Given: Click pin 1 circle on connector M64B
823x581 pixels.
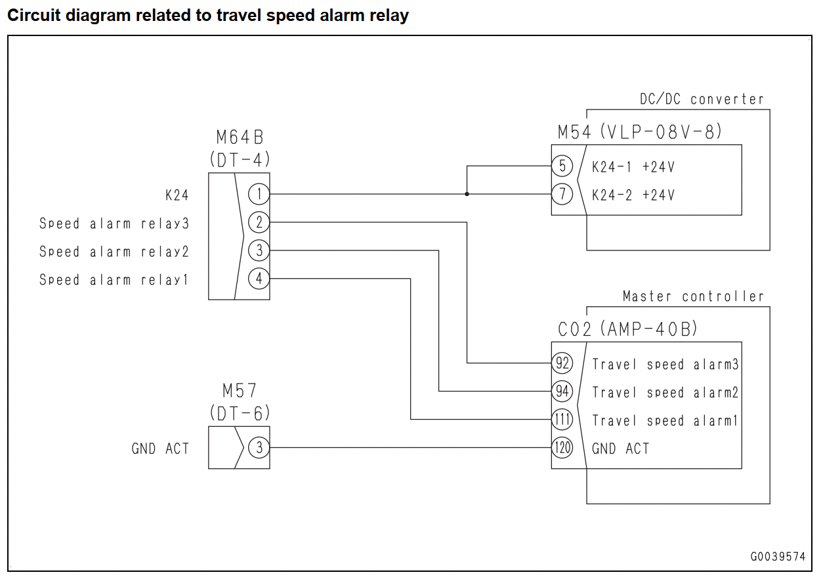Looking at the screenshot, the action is pyautogui.click(x=259, y=194).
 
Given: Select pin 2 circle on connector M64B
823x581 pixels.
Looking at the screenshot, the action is pyautogui.click(x=259, y=222).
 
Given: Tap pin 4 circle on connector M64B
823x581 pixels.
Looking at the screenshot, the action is pyautogui.click(x=259, y=279).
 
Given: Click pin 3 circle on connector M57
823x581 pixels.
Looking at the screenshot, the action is pyautogui.click(x=259, y=447).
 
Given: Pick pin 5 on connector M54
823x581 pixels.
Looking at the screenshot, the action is pyautogui.click(x=562, y=166).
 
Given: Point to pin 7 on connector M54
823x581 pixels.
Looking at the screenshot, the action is pyautogui.click(x=562, y=194).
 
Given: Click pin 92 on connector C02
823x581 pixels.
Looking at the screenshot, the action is pyautogui.click(x=562, y=363).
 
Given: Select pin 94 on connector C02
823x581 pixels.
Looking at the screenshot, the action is pyautogui.click(x=562, y=391).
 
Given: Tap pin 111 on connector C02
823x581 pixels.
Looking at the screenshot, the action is pyautogui.click(x=562, y=419).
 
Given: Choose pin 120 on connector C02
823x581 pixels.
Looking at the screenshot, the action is pyautogui.click(x=562, y=447).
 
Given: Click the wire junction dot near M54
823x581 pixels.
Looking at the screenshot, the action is pyautogui.click(x=467, y=194).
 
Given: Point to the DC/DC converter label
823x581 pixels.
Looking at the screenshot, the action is pyautogui.click(x=702, y=99).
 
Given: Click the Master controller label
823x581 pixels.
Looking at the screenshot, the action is pyautogui.click(x=693, y=296).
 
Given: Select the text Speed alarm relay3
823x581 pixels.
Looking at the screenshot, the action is pyautogui.click(x=114, y=223).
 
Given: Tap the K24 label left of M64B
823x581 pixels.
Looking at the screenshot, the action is pyautogui.click(x=177, y=195).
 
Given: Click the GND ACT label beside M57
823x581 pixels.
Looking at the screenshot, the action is pyautogui.click(x=160, y=449).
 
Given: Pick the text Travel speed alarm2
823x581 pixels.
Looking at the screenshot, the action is pyautogui.click(x=665, y=392).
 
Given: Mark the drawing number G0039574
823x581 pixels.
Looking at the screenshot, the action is pyautogui.click(x=778, y=557).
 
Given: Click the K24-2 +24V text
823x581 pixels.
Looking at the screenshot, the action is pyautogui.click(x=633, y=195).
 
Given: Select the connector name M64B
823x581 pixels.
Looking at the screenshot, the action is pyautogui.click(x=240, y=137).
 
